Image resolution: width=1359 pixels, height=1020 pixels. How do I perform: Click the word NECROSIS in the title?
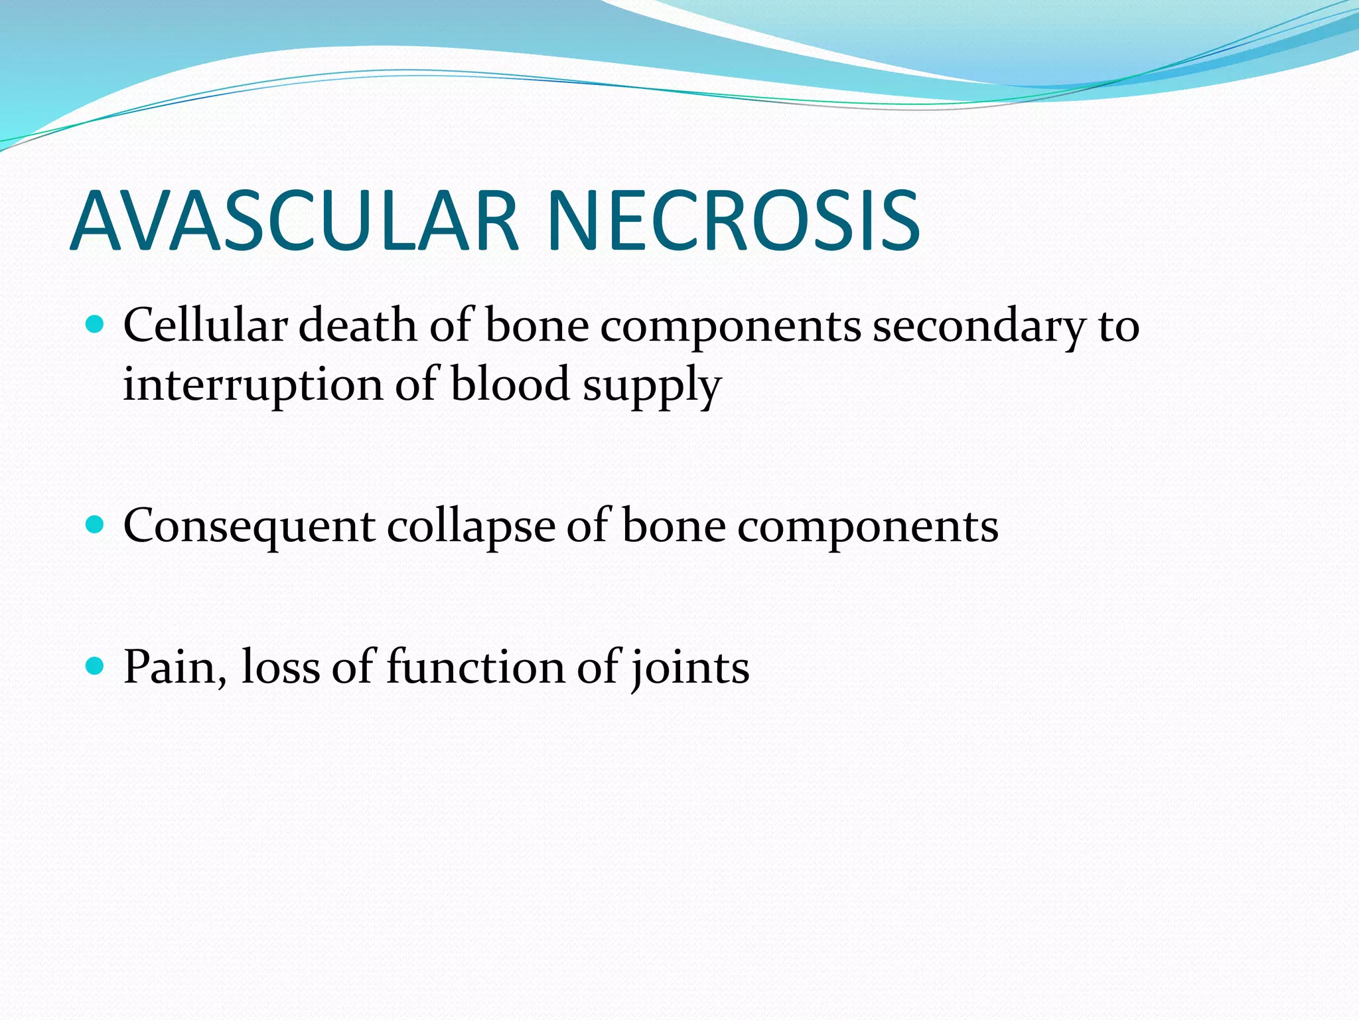coord(733,220)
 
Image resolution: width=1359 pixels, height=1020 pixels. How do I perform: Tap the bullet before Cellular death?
coord(96,325)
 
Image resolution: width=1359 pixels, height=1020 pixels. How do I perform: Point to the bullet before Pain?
coord(96,666)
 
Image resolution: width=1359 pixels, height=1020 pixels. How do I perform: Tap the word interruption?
coord(253,385)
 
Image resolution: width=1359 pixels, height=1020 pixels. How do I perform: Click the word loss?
coord(281,667)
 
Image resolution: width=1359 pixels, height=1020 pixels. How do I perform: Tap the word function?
coord(475,667)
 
